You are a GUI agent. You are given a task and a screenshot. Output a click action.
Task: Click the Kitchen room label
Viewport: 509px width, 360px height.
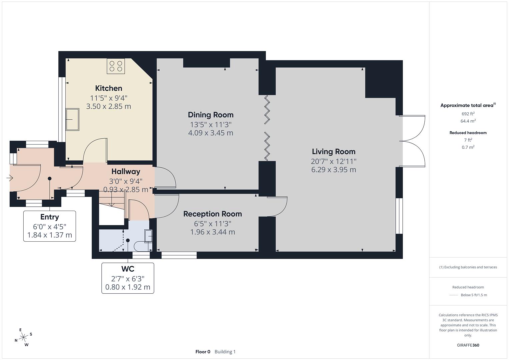(109, 88)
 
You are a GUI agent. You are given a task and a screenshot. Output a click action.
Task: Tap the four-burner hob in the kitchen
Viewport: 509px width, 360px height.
(116, 66)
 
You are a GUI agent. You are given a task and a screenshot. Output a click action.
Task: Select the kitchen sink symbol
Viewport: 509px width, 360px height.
(72, 119)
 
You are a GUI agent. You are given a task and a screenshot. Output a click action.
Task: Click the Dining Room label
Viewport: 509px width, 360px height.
(211, 115)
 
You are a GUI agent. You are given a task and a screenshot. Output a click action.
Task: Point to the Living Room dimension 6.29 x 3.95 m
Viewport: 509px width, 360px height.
(334, 170)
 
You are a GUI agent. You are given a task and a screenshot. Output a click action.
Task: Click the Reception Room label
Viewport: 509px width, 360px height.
(212, 214)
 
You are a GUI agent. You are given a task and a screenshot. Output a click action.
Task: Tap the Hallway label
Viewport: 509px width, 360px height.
(126, 172)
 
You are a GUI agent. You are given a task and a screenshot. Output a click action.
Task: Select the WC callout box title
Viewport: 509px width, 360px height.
(128, 269)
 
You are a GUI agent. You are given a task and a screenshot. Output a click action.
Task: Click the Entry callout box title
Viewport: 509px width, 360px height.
(50, 217)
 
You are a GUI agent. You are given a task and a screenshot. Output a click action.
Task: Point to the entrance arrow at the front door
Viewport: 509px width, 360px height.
(9, 178)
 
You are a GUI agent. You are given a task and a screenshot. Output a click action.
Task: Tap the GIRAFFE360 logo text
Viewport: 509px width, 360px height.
(468, 345)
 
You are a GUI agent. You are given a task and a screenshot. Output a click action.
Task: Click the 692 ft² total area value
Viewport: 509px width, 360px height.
(468, 114)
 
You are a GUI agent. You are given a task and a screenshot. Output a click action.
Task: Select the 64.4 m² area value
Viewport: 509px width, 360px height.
(468, 121)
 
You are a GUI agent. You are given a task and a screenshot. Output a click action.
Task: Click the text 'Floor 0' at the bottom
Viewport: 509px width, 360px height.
(203, 352)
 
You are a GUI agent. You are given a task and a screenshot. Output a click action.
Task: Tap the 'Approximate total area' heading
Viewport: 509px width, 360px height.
(467, 105)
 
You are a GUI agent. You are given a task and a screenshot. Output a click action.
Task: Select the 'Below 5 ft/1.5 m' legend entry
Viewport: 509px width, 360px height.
(474, 295)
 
